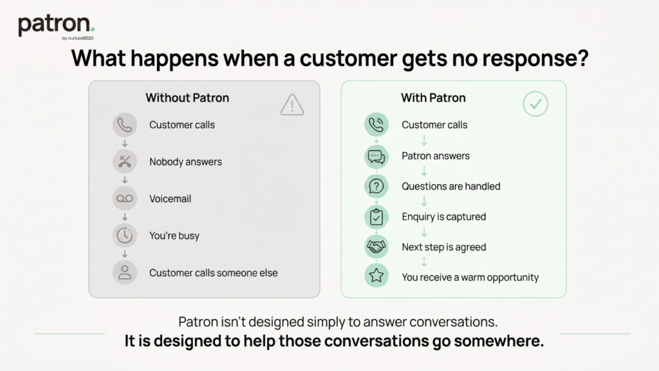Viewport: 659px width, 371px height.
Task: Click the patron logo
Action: [x=56, y=26]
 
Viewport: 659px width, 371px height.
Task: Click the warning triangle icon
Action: [x=292, y=104]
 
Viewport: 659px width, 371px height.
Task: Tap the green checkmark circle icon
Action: [x=535, y=104]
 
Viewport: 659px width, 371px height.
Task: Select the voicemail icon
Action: [x=125, y=198]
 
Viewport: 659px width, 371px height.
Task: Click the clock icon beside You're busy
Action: [x=125, y=236]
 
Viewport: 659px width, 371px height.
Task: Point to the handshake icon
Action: [x=376, y=247]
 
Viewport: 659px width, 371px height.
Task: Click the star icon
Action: [x=376, y=276]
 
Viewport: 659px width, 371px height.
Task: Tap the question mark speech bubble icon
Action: [x=376, y=186]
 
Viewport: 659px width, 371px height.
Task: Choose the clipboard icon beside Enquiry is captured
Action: [x=376, y=216]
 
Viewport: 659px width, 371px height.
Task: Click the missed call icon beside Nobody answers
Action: [x=125, y=162]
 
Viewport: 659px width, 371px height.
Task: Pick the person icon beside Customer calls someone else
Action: [x=125, y=272]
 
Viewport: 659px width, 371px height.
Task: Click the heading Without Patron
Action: [x=187, y=98]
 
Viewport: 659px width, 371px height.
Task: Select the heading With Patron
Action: [x=433, y=98]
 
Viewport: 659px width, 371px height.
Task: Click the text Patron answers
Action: [x=436, y=156]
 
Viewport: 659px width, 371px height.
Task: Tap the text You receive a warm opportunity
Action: [x=470, y=278]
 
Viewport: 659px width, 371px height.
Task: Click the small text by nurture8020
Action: [x=78, y=38]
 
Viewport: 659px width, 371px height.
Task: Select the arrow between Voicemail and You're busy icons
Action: [x=125, y=217]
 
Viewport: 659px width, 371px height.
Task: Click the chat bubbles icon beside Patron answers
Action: [x=376, y=157]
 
